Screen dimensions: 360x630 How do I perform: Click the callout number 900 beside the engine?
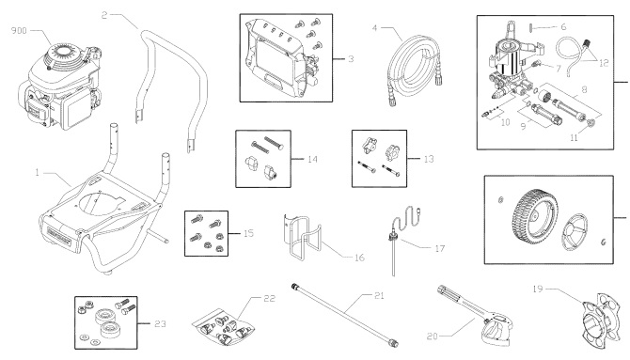(x=18, y=30)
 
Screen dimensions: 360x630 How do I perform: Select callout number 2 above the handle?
(x=105, y=15)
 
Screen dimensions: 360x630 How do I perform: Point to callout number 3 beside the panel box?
(x=350, y=58)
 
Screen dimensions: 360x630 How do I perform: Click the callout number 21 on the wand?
(x=353, y=298)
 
